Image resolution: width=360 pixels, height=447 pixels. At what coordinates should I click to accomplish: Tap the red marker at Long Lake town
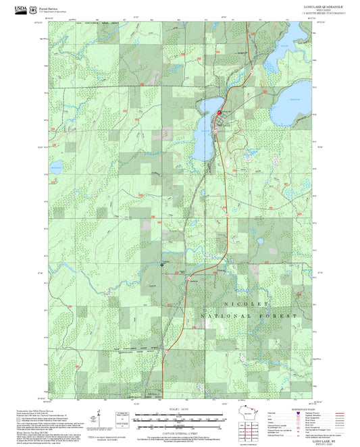pos(220,113)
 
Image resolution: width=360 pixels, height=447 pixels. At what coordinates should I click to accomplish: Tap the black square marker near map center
pos(161,265)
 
